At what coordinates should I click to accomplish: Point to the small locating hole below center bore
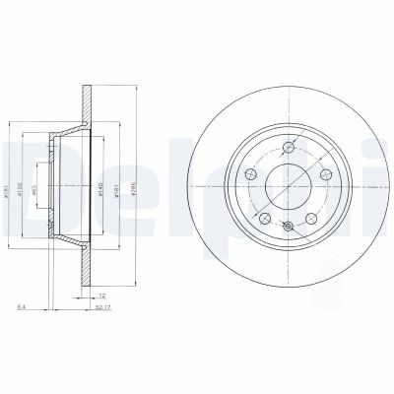[288, 229]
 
